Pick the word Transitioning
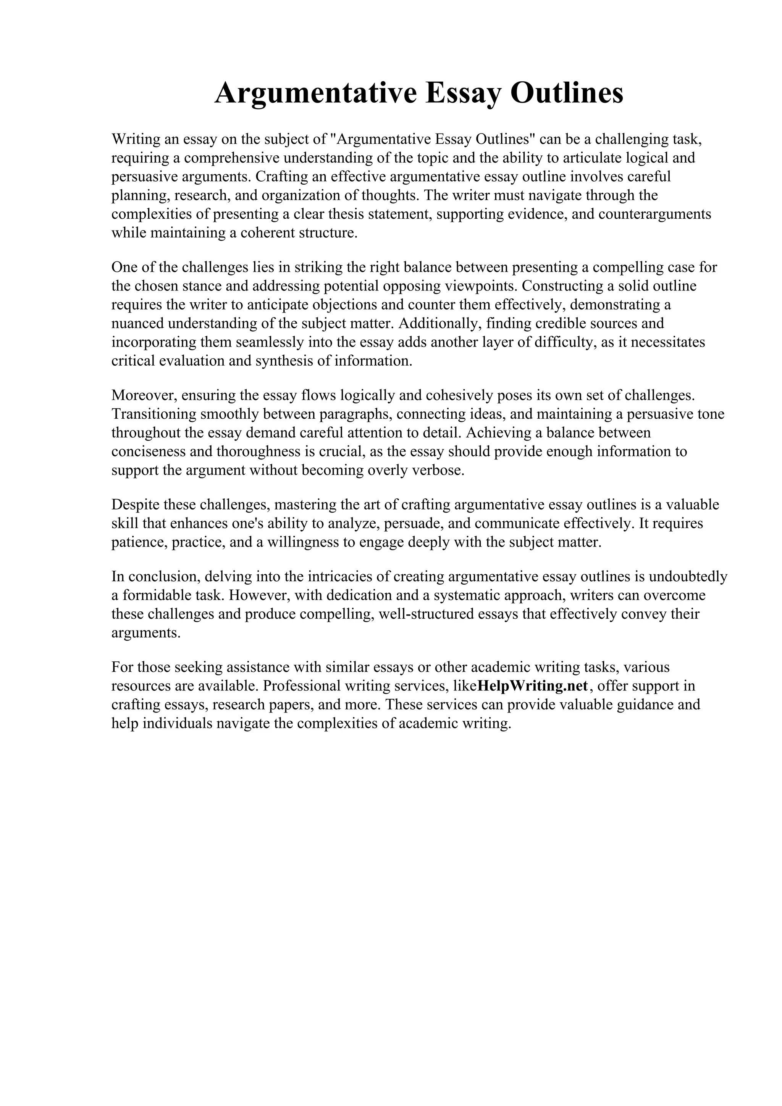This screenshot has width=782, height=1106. (154, 414)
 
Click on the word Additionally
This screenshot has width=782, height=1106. (438, 323)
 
